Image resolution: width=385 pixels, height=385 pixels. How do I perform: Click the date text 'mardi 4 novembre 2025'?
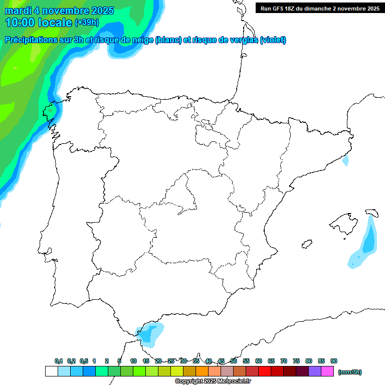(x=59, y=11)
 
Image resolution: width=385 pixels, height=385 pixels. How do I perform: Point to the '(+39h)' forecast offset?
(x=87, y=23)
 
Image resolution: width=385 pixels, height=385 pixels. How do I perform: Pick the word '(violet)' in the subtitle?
(x=273, y=40)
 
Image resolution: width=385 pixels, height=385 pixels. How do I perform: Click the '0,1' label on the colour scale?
(x=59, y=361)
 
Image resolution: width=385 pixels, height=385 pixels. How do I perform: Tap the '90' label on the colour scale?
(x=334, y=361)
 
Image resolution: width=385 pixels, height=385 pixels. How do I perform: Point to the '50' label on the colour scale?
(x=234, y=361)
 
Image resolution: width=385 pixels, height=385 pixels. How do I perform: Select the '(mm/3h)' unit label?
(x=350, y=372)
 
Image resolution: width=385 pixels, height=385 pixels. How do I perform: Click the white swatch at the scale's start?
(x=51, y=371)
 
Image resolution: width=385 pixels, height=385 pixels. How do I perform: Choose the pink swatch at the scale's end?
(x=327, y=371)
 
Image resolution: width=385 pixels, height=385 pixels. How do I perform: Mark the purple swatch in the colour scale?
(x=315, y=371)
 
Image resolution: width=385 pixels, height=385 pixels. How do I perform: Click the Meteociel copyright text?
(x=213, y=381)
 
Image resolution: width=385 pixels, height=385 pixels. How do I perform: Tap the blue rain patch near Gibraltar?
(x=151, y=333)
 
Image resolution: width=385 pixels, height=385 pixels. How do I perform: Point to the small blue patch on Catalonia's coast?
(x=345, y=161)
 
